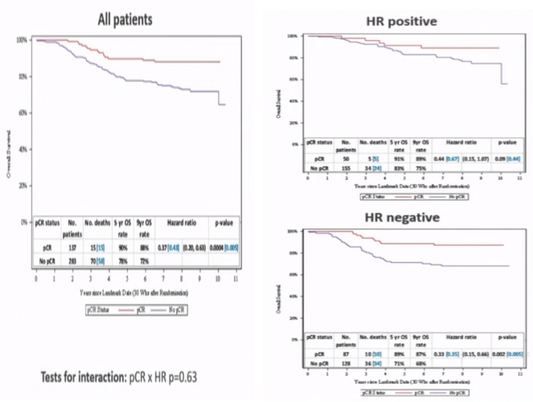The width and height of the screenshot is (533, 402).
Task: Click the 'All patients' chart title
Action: click(124, 19)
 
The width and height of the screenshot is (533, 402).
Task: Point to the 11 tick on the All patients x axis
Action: click(236, 280)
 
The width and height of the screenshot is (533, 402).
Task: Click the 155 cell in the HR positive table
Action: click(346, 167)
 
